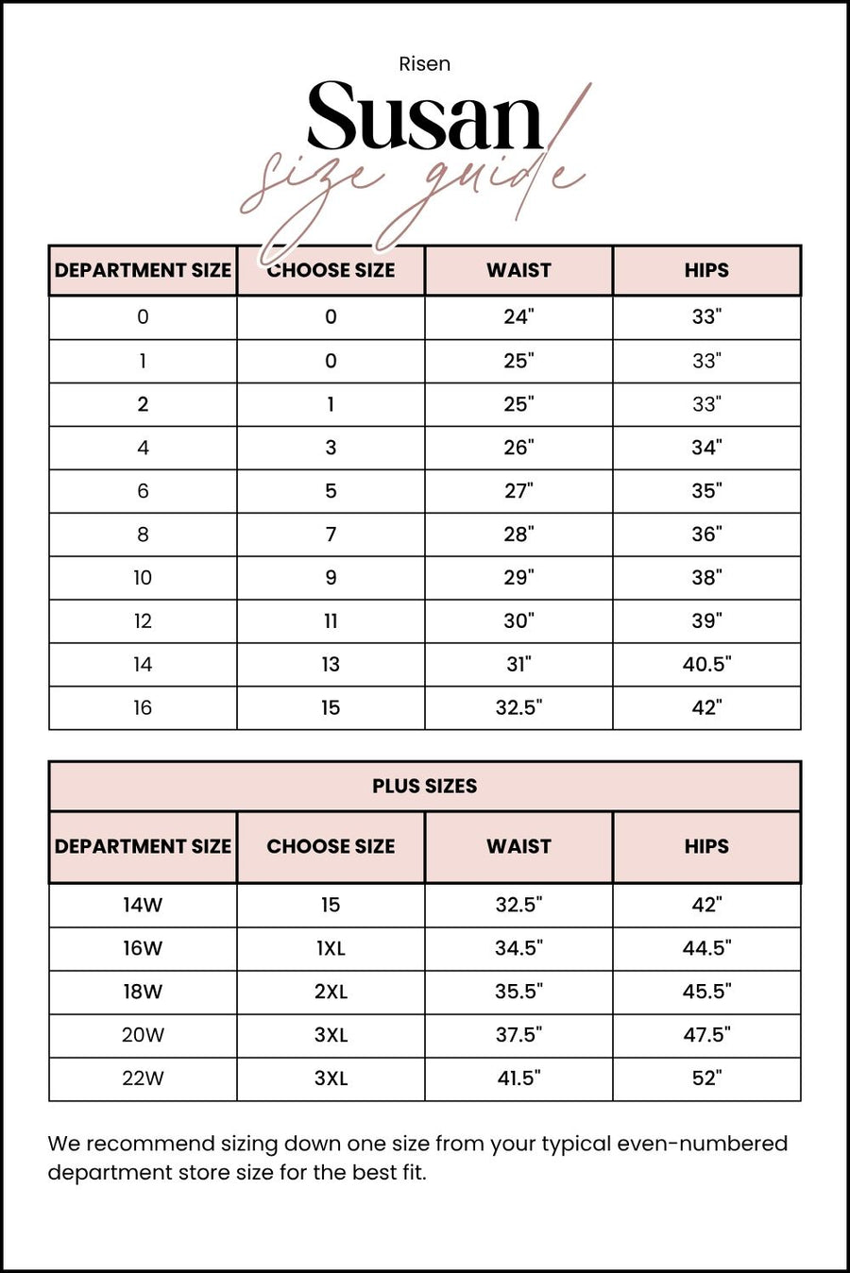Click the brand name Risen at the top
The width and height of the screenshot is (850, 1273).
(x=424, y=64)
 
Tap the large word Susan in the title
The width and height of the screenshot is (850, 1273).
(x=424, y=117)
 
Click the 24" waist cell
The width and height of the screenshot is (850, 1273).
(x=518, y=317)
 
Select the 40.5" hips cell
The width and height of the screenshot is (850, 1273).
(x=706, y=665)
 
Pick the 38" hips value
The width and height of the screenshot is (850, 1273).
(x=706, y=578)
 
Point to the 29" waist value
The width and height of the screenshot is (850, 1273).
(x=518, y=578)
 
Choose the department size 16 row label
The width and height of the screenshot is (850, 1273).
(x=143, y=708)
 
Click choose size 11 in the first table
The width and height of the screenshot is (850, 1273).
(x=331, y=621)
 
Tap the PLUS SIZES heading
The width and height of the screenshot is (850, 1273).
(x=424, y=786)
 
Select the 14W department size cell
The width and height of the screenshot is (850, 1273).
(x=143, y=905)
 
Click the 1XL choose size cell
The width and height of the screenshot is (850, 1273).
(x=331, y=948)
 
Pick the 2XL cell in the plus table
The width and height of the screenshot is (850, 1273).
(x=331, y=992)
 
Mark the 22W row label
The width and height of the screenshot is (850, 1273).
(x=143, y=1078)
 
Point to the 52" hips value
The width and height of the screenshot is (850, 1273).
(x=706, y=1078)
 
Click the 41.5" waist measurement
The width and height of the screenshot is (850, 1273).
(x=518, y=1078)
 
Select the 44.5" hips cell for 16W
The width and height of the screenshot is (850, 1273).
(x=706, y=948)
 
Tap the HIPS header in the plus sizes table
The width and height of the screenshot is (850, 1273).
(x=706, y=846)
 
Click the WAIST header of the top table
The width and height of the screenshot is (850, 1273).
(x=518, y=270)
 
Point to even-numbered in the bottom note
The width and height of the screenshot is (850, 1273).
(x=702, y=1144)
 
